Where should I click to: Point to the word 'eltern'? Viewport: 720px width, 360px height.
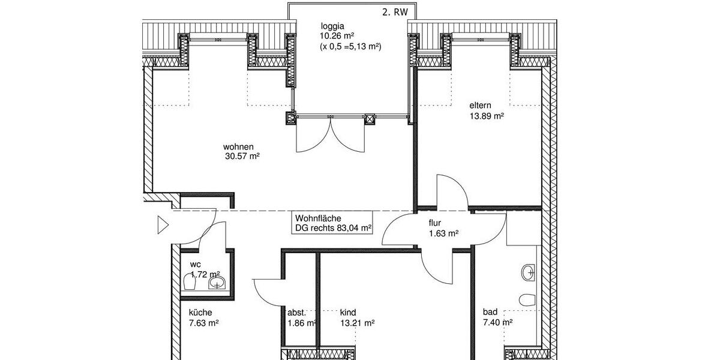[x=481, y=106]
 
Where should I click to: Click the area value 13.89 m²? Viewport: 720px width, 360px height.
[x=486, y=116]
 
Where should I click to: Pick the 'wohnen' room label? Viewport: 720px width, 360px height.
[x=239, y=146]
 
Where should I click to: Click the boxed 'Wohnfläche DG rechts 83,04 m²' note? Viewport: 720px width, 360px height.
[x=333, y=223]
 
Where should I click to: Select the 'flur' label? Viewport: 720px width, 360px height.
[x=434, y=223]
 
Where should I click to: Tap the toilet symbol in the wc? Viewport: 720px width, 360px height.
[x=190, y=281]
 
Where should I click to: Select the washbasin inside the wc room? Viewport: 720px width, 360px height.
[x=217, y=282]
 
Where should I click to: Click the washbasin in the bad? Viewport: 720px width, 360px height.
[x=529, y=272]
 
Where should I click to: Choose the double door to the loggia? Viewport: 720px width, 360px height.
[x=329, y=135]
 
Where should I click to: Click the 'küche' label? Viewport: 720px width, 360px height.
[x=200, y=313]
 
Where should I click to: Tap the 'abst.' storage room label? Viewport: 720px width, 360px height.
[x=297, y=313]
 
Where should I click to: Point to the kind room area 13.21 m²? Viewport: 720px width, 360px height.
[x=357, y=323]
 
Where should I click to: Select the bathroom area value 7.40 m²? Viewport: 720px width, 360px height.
[x=497, y=323]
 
